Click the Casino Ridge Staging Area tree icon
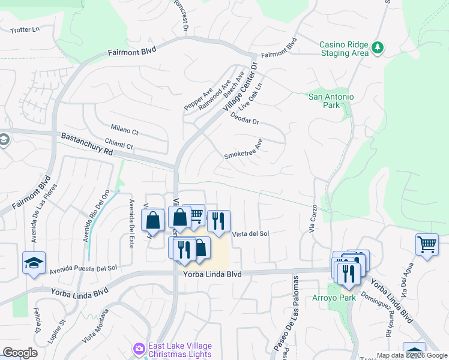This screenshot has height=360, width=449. point(378,47)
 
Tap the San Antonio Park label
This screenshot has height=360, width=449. point(331,101)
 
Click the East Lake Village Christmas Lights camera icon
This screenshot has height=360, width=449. point(139,349)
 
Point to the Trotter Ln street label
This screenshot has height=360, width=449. point(25,29)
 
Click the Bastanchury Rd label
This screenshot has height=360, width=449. point(87,145)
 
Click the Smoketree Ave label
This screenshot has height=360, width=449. point(244,150)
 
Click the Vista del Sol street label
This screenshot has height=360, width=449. point(250,234)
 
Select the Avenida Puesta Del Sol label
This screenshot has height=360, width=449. point(83,269)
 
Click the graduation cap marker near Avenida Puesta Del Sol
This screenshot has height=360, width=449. point(34,263)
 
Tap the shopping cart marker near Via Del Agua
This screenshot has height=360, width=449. point(427,244)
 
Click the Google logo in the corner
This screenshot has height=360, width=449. point(20,353)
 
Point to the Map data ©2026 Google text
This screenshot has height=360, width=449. point(411,355)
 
